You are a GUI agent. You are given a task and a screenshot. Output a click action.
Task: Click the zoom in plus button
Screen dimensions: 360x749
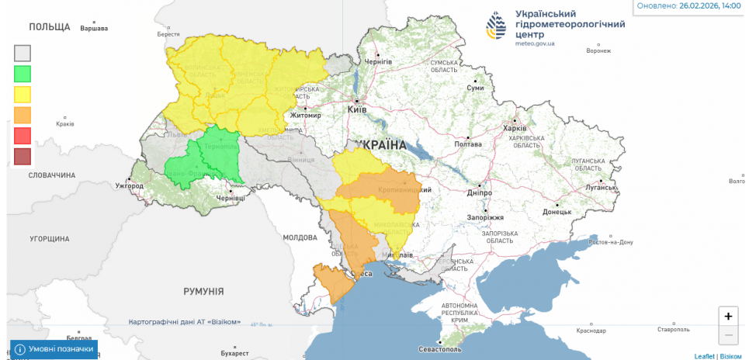pyautogui.click(x=728, y=316)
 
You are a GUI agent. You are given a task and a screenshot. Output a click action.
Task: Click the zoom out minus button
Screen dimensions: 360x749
pyautogui.click(x=728, y=335)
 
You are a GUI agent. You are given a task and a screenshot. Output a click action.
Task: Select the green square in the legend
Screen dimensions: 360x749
pyautogui.click(x=23, y=74)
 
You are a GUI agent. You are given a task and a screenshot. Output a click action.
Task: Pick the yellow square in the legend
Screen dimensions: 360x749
pyautogui.click(x=23, y=95)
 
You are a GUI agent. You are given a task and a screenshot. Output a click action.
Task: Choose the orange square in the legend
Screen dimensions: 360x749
pyautogui.click(x=23, y=115)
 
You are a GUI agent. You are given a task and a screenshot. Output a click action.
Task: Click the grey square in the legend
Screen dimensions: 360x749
pyautogui.click(x=23, y=53)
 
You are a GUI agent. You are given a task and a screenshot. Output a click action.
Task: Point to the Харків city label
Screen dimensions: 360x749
pyautogui.click(x=515, y=128)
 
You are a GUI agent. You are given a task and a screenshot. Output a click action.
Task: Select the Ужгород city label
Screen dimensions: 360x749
pyautogui.click(x=130, y=186)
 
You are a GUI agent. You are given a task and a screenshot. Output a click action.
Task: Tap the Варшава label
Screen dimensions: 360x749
pyautogui.click(x=95, y=29)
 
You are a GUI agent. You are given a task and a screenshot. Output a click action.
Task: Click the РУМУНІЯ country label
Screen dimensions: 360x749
pyautogui.click(x=203, y=292)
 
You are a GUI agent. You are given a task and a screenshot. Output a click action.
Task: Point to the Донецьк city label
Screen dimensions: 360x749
pyautogui.click(x=557, y=212)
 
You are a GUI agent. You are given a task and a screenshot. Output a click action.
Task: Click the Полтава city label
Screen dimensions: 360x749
pyautogui.click(x=467, y=144)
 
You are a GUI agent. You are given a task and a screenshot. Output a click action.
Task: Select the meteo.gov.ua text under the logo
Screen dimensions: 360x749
pyautogui.click(x=535, y=44)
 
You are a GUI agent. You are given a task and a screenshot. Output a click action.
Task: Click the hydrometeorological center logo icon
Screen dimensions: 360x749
pyautogui.click(x=498, y=26)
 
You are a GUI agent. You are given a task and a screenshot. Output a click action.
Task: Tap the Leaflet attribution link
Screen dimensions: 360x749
pyautogui.click(x=704, y=355)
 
